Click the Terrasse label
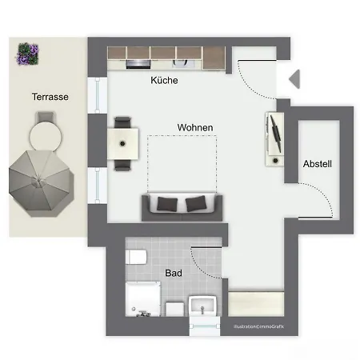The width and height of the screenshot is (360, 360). click(50, 96)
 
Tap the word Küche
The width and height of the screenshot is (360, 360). click(164, 81)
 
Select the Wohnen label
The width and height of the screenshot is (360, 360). click(194, 127)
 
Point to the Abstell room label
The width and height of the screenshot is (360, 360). click(317, 164)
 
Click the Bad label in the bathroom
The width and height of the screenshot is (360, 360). click(173, 273)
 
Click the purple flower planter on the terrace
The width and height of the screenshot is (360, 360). click(28, 54)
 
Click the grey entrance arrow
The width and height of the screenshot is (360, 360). click(293, 78)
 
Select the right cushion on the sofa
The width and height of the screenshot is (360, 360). click(196, 204)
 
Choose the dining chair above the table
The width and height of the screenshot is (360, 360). click(122, 122)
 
